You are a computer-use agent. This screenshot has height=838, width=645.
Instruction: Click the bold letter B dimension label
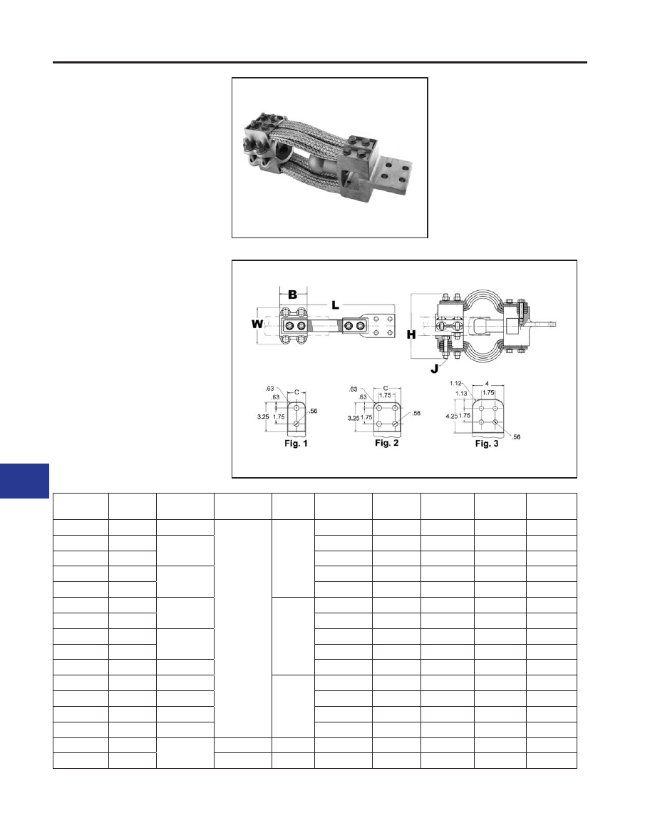click(293, 295)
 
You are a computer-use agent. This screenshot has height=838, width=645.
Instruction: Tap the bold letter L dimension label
click(335, 305)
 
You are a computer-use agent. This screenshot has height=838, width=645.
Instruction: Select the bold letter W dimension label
click(257, 325)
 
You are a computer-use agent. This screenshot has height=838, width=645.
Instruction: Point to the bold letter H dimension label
click(411, 335)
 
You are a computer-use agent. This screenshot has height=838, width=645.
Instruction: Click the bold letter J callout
click(435, 369)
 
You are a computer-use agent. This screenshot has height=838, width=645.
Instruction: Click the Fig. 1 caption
click(296, 444)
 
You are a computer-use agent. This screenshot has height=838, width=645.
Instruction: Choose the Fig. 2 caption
click(386, 443)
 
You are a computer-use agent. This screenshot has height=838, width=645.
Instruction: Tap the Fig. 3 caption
click(487, 444)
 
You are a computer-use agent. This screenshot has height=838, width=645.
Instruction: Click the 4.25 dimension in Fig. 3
click(451, 416)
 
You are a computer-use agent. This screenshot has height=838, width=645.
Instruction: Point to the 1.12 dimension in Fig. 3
click(455, 383)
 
